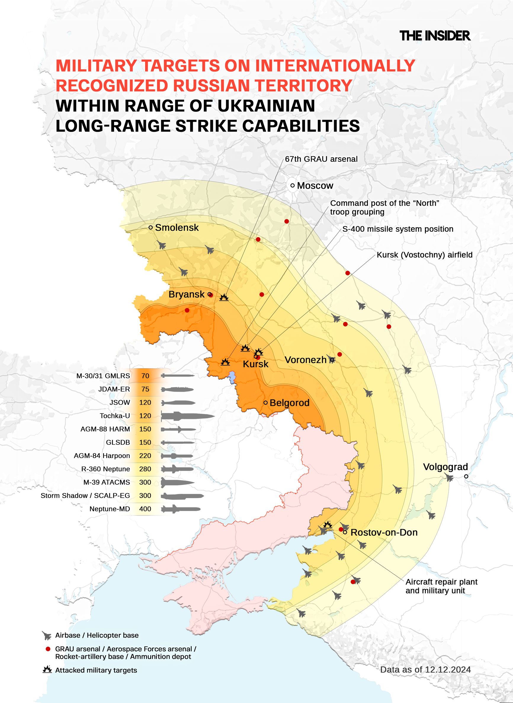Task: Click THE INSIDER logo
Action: click(x=435, y=36)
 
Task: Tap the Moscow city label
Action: click(x=315, y=186)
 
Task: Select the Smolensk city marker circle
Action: click(x=150, y=227)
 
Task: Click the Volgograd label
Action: click(x=445, y=467)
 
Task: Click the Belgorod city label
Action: click(x=289, y=403)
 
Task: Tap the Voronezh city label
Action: click(x=306, y=360)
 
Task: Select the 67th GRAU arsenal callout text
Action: click(x=321, y=159)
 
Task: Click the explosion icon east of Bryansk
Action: click(x=224, y=297)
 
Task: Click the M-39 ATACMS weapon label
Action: click(x=107, y=482)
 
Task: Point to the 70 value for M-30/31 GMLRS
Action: click(x=145, y=376)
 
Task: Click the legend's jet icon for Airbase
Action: click(x=47, y=636)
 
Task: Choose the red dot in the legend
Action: click(x=48, y=649)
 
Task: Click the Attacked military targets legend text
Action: click(x=96, y=670)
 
